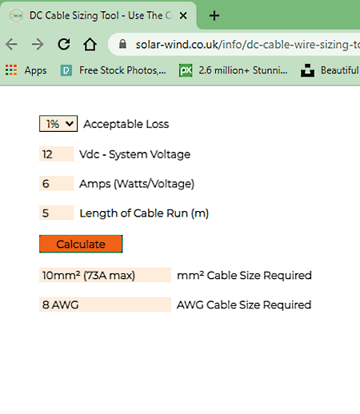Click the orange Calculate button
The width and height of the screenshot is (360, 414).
(x=81, y=244)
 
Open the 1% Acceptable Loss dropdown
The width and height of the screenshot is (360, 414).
(x=58, y=124)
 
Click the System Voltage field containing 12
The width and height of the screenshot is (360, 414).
(x=56, y=154)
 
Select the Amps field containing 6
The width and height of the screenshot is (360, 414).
(x=56, y=183)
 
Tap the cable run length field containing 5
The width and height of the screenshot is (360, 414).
(x=56, y=213)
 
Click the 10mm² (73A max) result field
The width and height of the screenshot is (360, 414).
(x=105, y=275)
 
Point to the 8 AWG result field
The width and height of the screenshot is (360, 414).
(x=105, y=305)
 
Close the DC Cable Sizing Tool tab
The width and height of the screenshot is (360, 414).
(x=183, y=16)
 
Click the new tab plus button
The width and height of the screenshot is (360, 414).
(x=214, y=16)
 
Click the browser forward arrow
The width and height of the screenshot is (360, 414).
(x=38, y=44)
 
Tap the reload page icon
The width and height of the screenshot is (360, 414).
(x=64, y=44)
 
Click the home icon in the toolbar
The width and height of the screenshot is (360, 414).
(x=90, y=44)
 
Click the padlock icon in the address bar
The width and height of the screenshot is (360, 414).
(x=122, y=44)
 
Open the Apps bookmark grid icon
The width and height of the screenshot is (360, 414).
(x=11, y=70)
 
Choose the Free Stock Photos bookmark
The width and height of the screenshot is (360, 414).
(x=113, y=70)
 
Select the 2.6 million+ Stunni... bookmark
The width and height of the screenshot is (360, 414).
(x=233, y=70)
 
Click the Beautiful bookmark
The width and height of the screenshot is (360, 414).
(x=330, y=70)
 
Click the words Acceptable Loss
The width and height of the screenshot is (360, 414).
(x=126, y=124)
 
